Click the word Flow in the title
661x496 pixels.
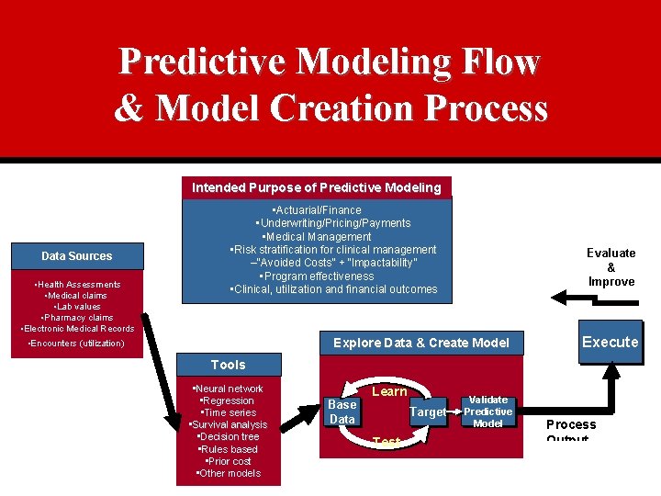pyautogui.click(x=496, y=62)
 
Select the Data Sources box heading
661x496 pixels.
pyautogui.click(x=77, y=256)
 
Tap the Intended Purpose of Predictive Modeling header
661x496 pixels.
pyautogui.click(x=317, y=187)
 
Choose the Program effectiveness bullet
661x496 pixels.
pyautogui.click(x=317, y=276)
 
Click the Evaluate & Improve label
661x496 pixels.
pyautogui.click(x=611, y=266)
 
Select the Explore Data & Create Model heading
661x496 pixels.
pyautogui.click(x=420, y=343)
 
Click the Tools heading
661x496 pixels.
pyautogui.click(x=229, y=365)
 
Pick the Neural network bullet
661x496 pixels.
pyautogui.click(x=229, y=389)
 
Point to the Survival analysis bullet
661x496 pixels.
pyautogui.click(x=228, y=424)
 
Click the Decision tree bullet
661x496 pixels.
pyautogui.click(x=229, y=436)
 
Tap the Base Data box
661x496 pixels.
pyautogui.click(x=342, y=411)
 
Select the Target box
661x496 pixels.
pyautogui.click(x=428, y=412)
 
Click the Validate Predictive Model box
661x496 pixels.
pyautogui.click(x=488, y=411)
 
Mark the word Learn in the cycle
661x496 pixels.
pyautogui.click(x=389, y=391)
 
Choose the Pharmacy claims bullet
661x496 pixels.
pyautogui.click(x=77, y=318)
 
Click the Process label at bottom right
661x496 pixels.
pyautogui.click(x=571, y=424)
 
